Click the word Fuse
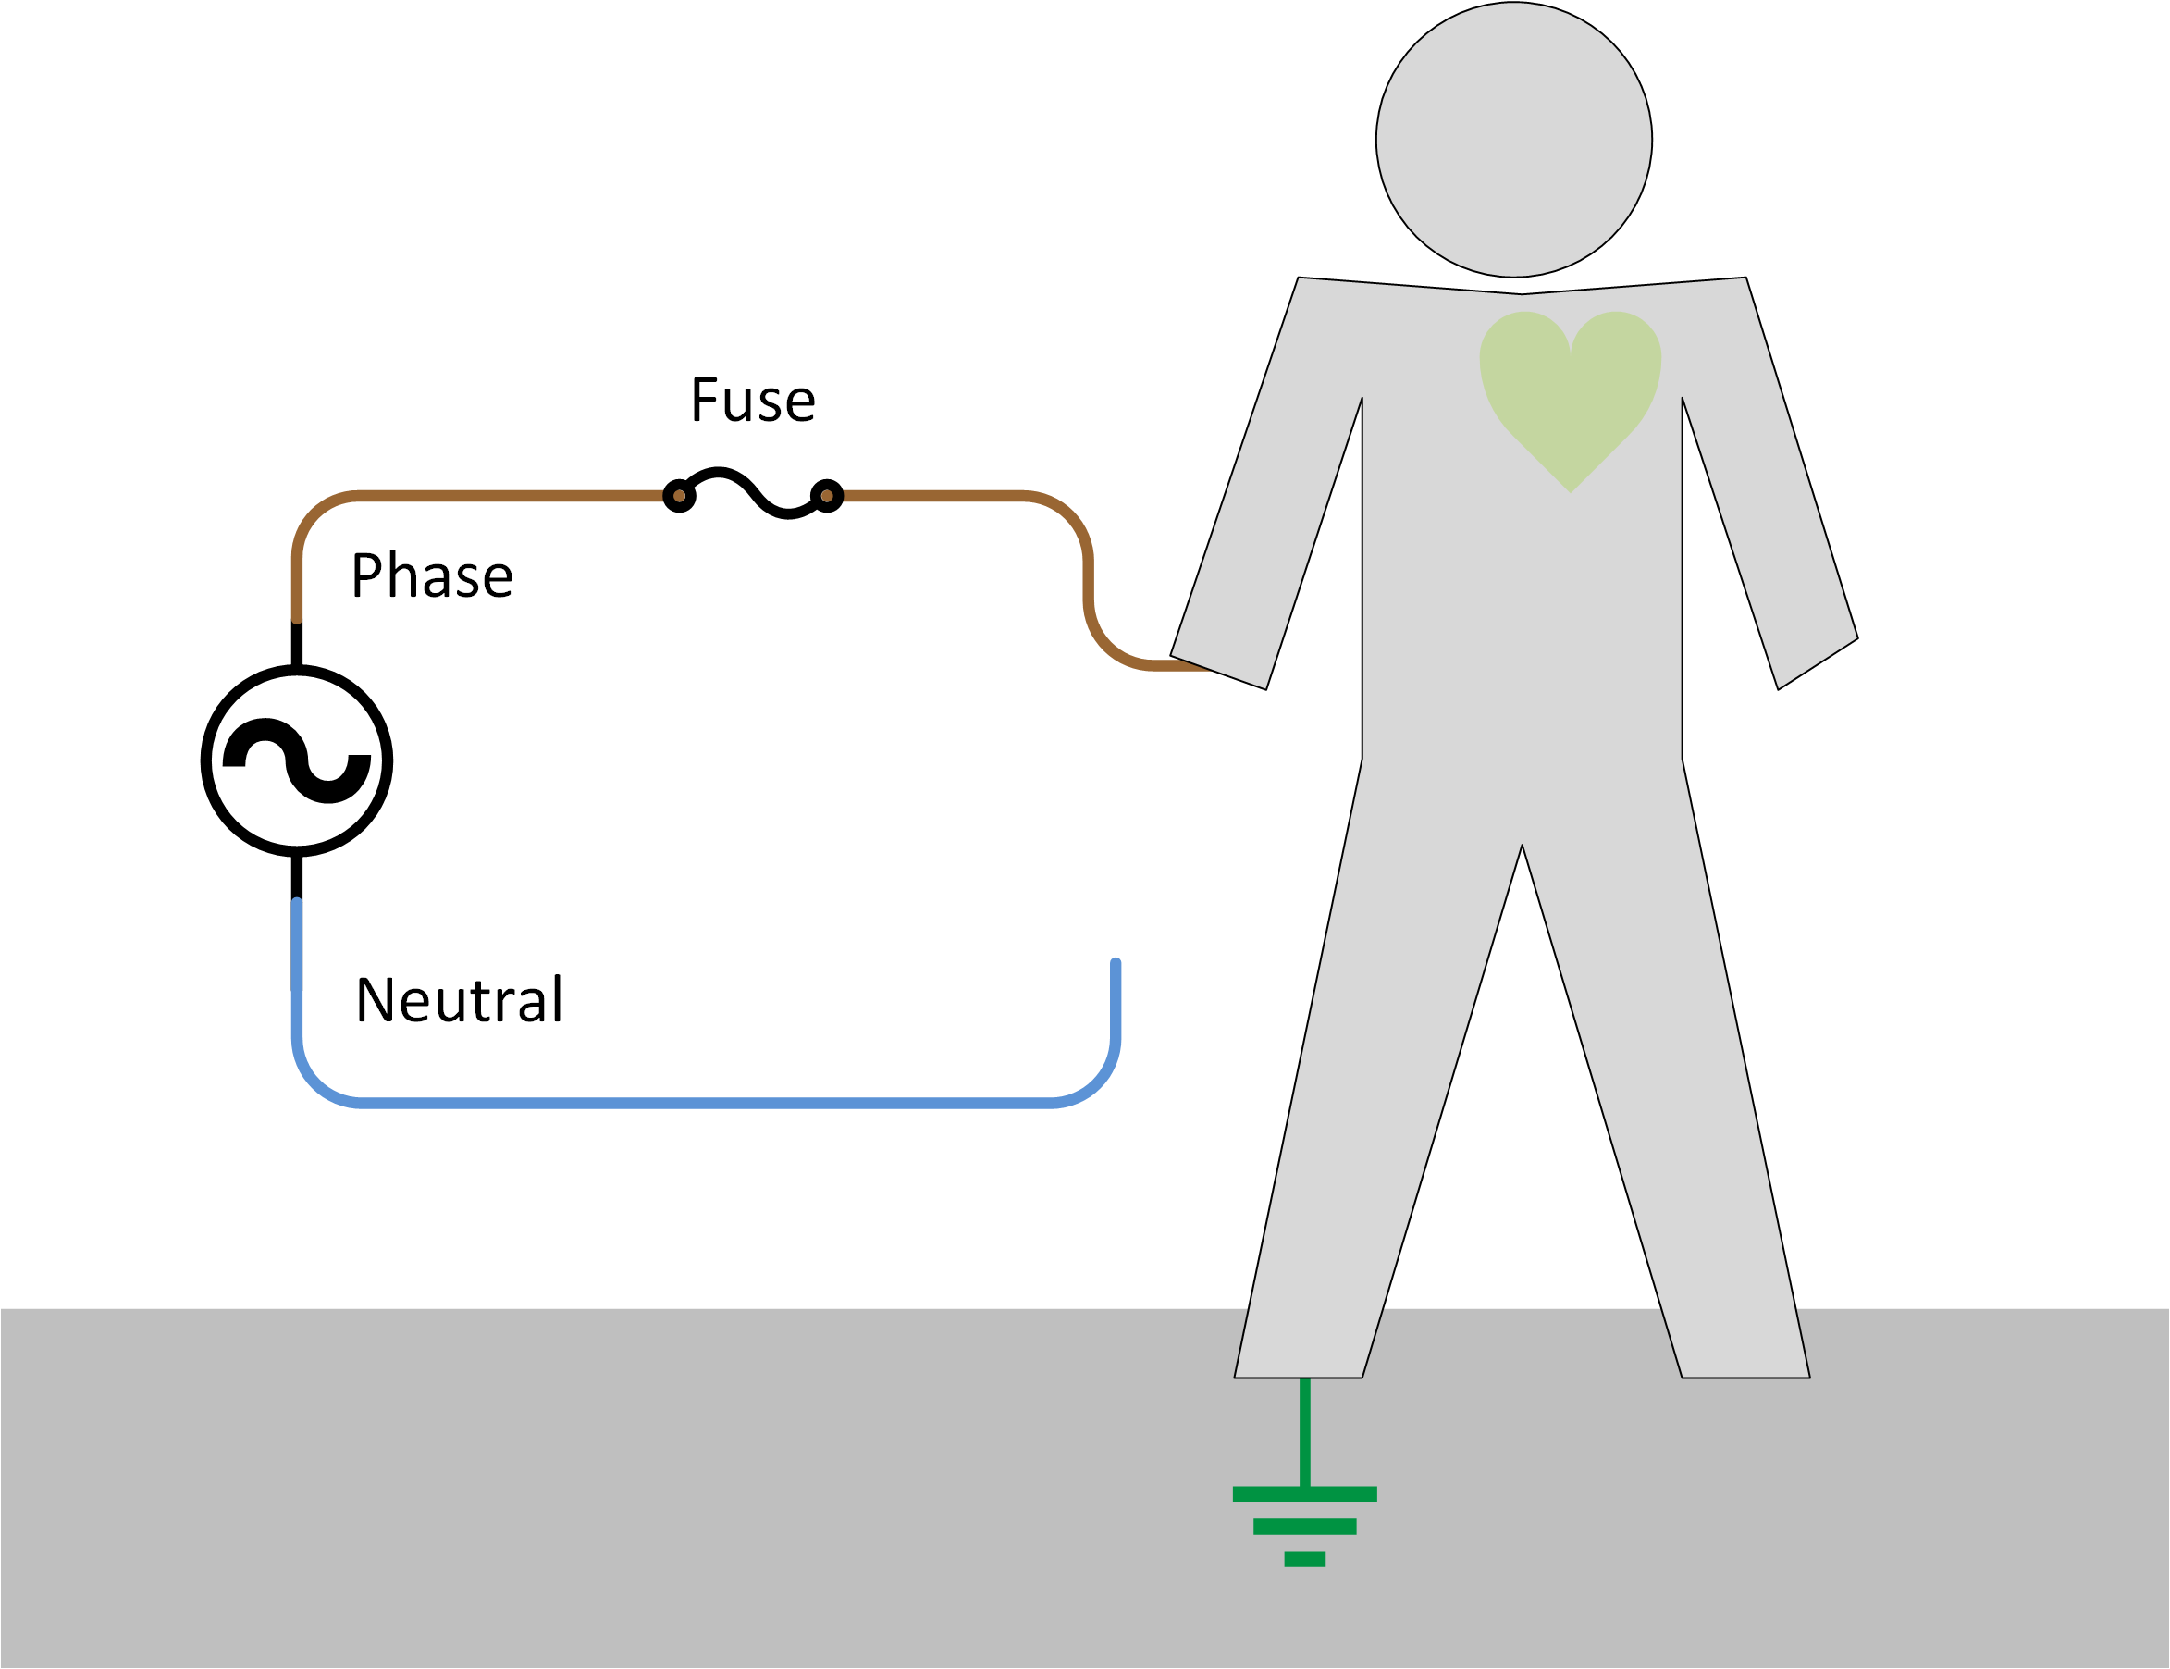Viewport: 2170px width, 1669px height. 752,401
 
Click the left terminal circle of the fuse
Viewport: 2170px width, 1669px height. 679,496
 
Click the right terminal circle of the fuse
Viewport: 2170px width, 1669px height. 826,496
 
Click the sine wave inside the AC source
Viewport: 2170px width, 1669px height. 296,761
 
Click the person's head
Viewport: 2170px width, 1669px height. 1512,140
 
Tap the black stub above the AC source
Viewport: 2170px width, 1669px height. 296,645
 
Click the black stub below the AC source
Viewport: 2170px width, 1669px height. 296,876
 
